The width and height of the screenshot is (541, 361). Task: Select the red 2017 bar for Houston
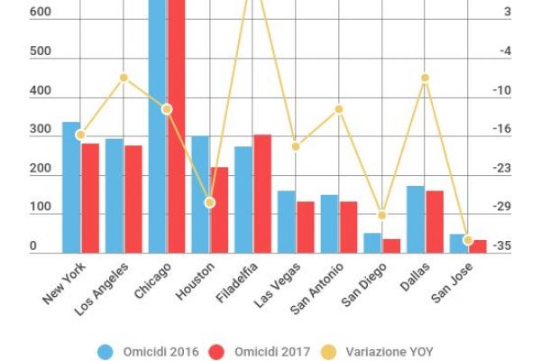218,209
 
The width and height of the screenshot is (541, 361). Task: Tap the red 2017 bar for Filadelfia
262,193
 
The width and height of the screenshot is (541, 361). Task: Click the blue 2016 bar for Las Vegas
286,221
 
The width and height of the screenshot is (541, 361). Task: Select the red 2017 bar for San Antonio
348,227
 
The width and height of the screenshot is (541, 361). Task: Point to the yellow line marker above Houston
209,203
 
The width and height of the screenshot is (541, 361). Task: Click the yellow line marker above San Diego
381,215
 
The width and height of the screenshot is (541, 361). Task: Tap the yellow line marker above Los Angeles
124,78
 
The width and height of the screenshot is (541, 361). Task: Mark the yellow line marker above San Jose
468,240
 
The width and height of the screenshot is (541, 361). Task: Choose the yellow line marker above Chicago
167,109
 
